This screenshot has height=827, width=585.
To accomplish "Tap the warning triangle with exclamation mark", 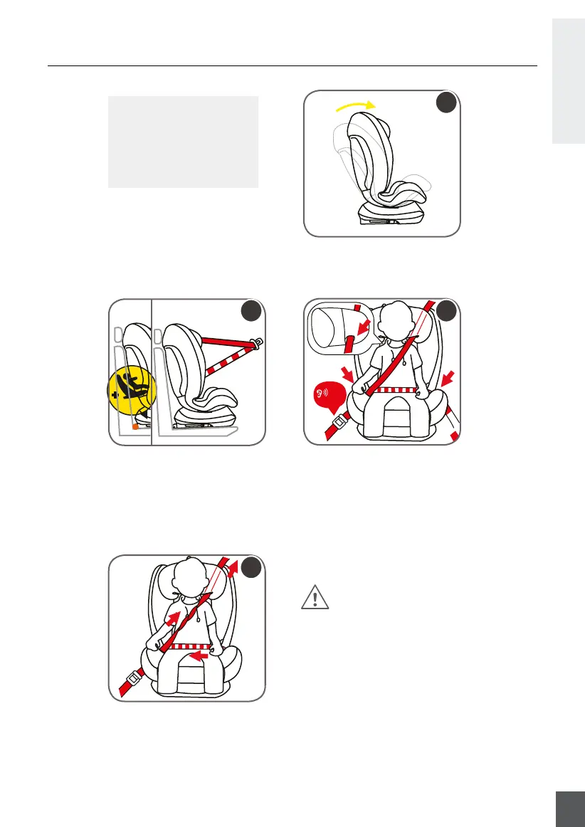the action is pyautogui.click(x=315, y=598).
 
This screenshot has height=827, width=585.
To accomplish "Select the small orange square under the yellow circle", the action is pyautogui.click(x=135, y=427).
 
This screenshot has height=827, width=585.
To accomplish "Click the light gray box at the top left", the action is pyautogui.click(x=182, y=142).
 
